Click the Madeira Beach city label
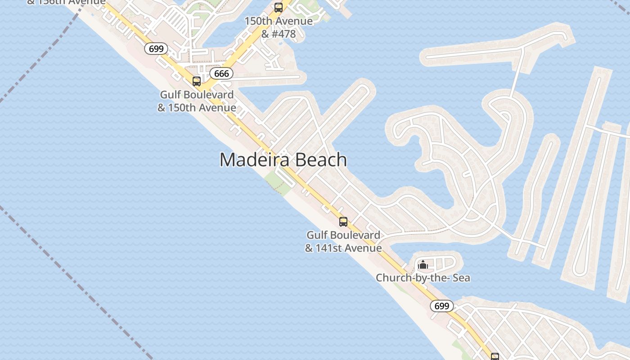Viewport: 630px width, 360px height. (283, 160)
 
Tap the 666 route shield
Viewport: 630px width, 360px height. (221, 73)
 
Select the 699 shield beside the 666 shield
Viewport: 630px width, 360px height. (156, 49)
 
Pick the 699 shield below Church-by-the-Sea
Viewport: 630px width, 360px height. (442, 306)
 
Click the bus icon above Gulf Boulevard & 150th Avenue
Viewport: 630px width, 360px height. (197, 81)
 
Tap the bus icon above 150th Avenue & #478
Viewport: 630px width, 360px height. (279, 8)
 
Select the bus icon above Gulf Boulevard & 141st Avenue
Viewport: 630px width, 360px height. (343, 222)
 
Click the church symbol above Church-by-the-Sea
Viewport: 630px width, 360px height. (423, 265)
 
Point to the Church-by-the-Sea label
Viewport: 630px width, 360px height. (423, 278)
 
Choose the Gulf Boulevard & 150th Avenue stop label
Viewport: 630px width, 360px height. (197, 101)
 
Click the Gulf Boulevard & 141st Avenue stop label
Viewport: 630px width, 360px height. (343, 241)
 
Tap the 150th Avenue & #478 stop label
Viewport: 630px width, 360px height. (279, 27)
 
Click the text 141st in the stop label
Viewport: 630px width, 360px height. (334, 248)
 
